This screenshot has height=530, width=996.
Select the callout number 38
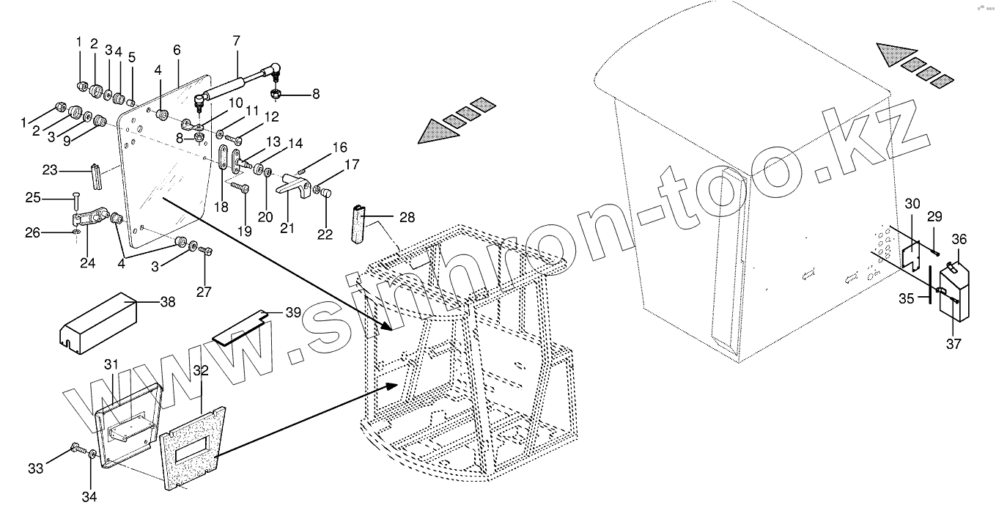tap(167, 301)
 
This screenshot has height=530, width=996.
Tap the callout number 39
tap(292, 312)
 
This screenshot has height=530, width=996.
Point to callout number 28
tap(407, 217)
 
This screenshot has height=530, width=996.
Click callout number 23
tap(50, 171)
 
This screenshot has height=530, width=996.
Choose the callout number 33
tap(35, 468)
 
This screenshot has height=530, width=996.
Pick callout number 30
tap(911, 203)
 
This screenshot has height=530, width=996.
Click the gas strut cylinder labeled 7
tap(227, 87)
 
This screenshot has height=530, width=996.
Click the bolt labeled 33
tap(75, 448)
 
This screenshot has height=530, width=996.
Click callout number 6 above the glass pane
tap(177, 50)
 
